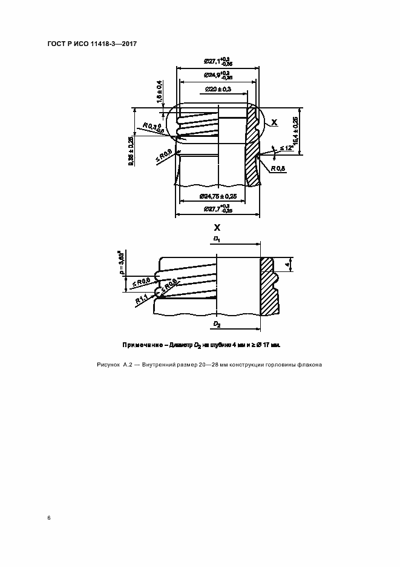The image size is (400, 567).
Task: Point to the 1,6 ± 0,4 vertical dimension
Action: (160, 91)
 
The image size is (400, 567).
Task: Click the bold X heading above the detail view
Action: (217, 228)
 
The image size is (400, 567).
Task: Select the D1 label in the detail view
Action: (217, 240)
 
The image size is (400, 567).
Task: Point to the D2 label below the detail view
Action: (217, 325)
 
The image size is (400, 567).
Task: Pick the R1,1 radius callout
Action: (141, 299)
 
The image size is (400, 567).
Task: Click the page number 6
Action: (49, 517)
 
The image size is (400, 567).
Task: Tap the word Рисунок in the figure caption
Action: (108, 365)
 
